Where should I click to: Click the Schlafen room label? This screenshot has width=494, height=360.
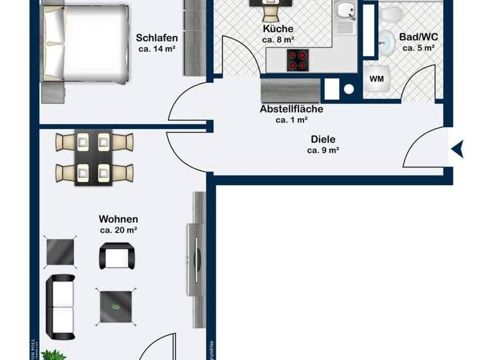click(x=157, y=37)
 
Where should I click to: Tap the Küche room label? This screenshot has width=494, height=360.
click(x=278, y=29)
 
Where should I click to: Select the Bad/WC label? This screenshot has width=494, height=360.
click(x=419, y=37)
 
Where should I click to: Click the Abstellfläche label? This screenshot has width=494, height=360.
click(x=291, y=109)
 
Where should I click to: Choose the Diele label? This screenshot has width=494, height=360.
click(x=323, y=139)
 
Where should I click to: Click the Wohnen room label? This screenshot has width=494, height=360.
click(x=118, y=219)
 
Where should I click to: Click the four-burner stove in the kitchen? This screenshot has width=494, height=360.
click(x=297, y=60)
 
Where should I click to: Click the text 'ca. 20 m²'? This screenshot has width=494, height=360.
click(x=118, y=230)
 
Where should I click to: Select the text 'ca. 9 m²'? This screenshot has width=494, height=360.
click(x=323, y=150)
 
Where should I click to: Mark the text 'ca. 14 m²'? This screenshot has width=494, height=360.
click(x=157, y=48)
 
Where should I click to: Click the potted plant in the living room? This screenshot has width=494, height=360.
click(x=53, y=354)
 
